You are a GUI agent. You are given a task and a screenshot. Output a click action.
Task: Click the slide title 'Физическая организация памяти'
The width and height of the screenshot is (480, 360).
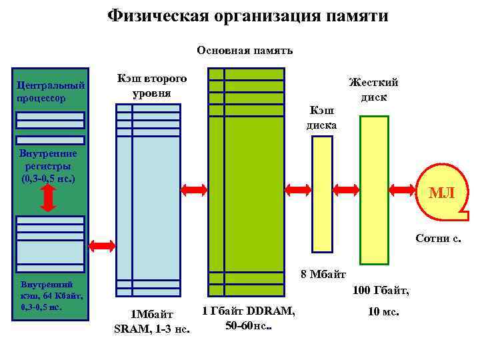pos(247,15)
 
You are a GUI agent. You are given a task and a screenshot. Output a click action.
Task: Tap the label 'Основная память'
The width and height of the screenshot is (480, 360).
pos(245,51)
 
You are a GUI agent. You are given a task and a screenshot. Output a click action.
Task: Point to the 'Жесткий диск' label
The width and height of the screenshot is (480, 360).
pos(373,89)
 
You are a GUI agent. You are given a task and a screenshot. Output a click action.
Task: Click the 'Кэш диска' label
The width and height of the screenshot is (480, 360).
pos(321,117)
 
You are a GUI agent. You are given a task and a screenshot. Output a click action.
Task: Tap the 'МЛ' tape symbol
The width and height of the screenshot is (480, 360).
pos(441,194)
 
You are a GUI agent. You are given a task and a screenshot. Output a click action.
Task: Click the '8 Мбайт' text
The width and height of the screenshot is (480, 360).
pos(323,273)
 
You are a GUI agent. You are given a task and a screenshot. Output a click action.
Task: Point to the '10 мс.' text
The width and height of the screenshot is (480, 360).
pos(383,311)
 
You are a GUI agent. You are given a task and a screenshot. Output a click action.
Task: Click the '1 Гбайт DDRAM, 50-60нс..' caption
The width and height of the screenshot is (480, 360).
pos(249,319)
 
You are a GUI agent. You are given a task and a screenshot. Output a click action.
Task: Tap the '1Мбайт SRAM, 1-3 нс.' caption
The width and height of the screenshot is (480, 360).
pos(152,321)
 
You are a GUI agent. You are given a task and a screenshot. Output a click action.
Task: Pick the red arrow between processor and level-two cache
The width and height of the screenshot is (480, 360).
pos(102,245)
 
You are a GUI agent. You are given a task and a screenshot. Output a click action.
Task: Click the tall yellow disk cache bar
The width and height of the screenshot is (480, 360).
pos(322,193)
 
